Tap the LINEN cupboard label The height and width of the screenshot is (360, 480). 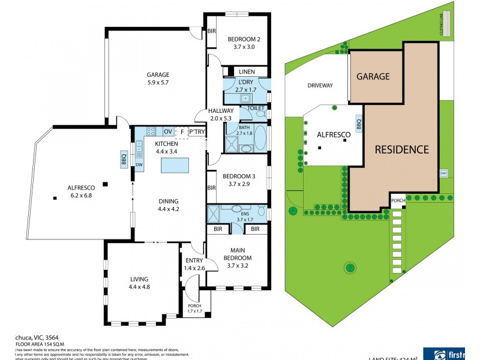pyautogui.click(x=246, y=72)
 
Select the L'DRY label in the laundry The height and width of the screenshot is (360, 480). pyautogui.click(x=246, y=82)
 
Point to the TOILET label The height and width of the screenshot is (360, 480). pyautogui.click(x=256, y=108)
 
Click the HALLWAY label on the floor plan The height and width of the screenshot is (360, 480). pyautogui.click(x=221, y=111)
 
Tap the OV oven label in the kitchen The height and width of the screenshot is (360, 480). pyautogui.click(x=168, y=131)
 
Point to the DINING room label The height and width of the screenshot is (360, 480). pyautogui.click(x=168, y=201)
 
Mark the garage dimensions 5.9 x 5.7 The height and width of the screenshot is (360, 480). pyautogui.click(x=158, y=83)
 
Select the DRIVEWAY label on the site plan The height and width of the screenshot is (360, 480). pyautogui.click(x=320, y=86)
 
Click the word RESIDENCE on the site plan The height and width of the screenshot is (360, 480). pyautogui.click(x=402, y=149)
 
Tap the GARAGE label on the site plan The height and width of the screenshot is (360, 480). pyautogui.click(x=373, y=76)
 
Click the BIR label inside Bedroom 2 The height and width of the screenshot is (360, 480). pyautogui.click(x=212, y=31)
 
